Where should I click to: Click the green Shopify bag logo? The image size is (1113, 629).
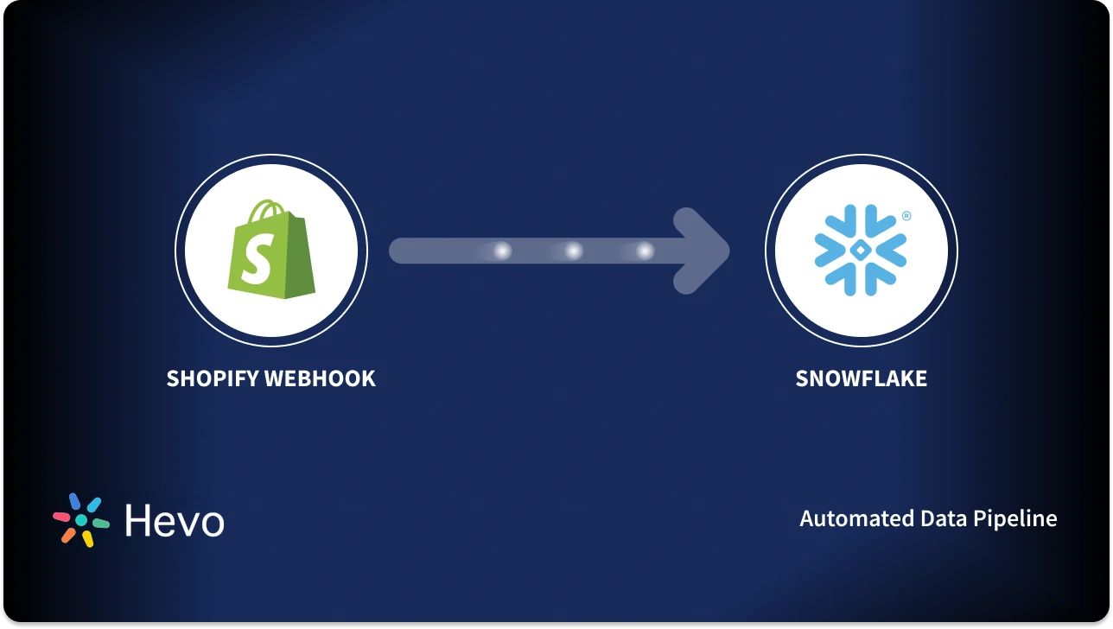tap(271, 251)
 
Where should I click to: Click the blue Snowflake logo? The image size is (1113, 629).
tap(861, 250)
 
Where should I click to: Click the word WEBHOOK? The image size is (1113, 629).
tap(322, 378)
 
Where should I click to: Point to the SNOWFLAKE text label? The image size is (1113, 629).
tap(861, 378)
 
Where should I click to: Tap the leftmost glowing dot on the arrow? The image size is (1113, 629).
tap(502, 251)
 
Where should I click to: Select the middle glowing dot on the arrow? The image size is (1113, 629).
tap(573, 251)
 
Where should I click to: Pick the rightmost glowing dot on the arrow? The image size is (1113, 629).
tap(645, 251)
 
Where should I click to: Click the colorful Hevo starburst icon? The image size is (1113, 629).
tap(81, 520)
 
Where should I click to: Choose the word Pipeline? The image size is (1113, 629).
tap(1014, 519)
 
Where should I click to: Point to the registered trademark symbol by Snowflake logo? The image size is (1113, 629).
tap(906, 216)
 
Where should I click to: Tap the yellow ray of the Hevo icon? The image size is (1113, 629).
tap(87, 538)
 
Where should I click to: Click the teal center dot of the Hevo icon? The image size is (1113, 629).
tap(81, 520)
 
